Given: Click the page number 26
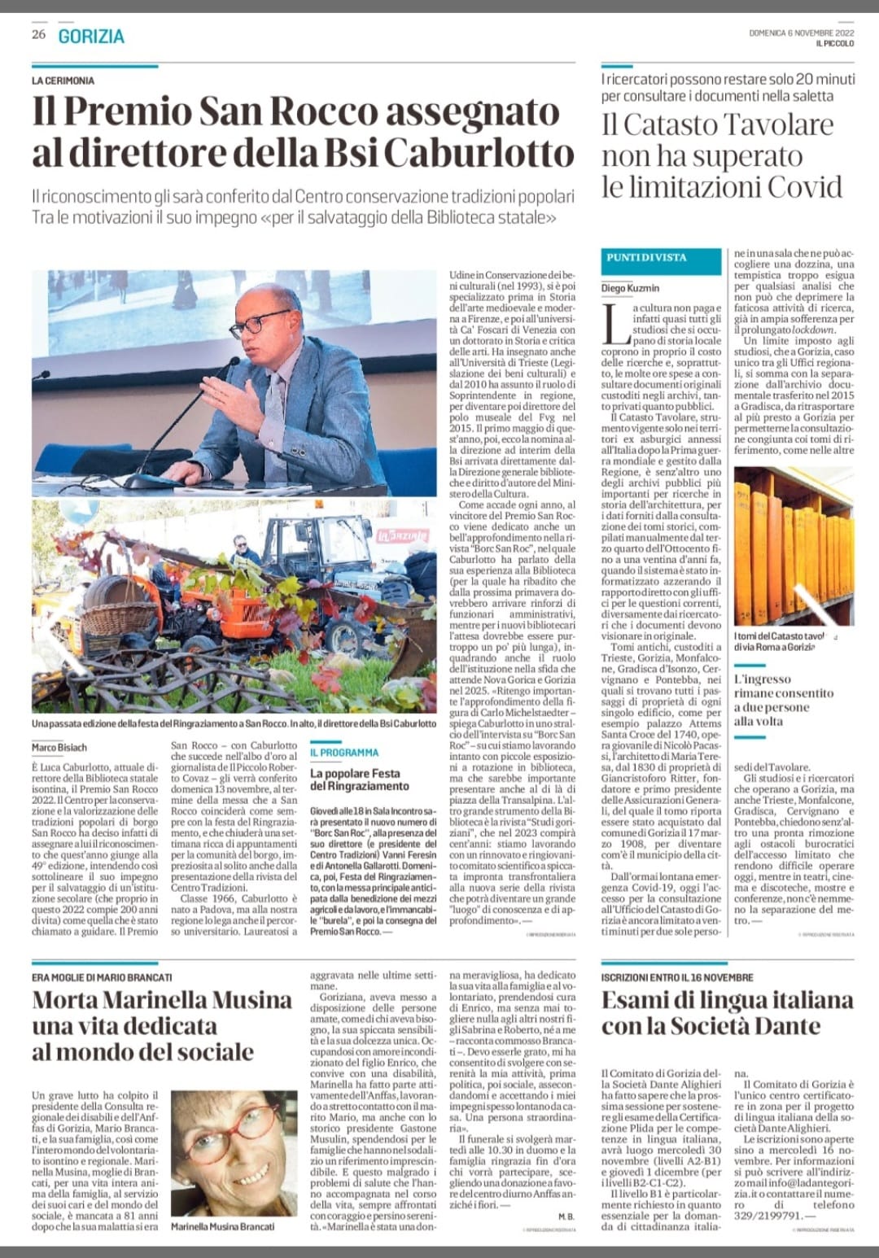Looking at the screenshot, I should coord(38,34).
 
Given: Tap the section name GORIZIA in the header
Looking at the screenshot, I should coord(91,37).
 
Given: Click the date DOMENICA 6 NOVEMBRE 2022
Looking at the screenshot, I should coord(801,33).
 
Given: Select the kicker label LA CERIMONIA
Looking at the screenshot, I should coord(63,81).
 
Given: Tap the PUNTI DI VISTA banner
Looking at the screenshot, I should coord(645,257).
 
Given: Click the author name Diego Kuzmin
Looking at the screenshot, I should coord(630,288).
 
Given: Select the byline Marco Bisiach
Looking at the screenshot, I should coord(59,747).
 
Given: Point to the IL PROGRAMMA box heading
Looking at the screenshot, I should coord(344,753).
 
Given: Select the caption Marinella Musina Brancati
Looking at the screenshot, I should coord(222,1226).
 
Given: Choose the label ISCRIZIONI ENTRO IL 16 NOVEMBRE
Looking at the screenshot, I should coord(677,977).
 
